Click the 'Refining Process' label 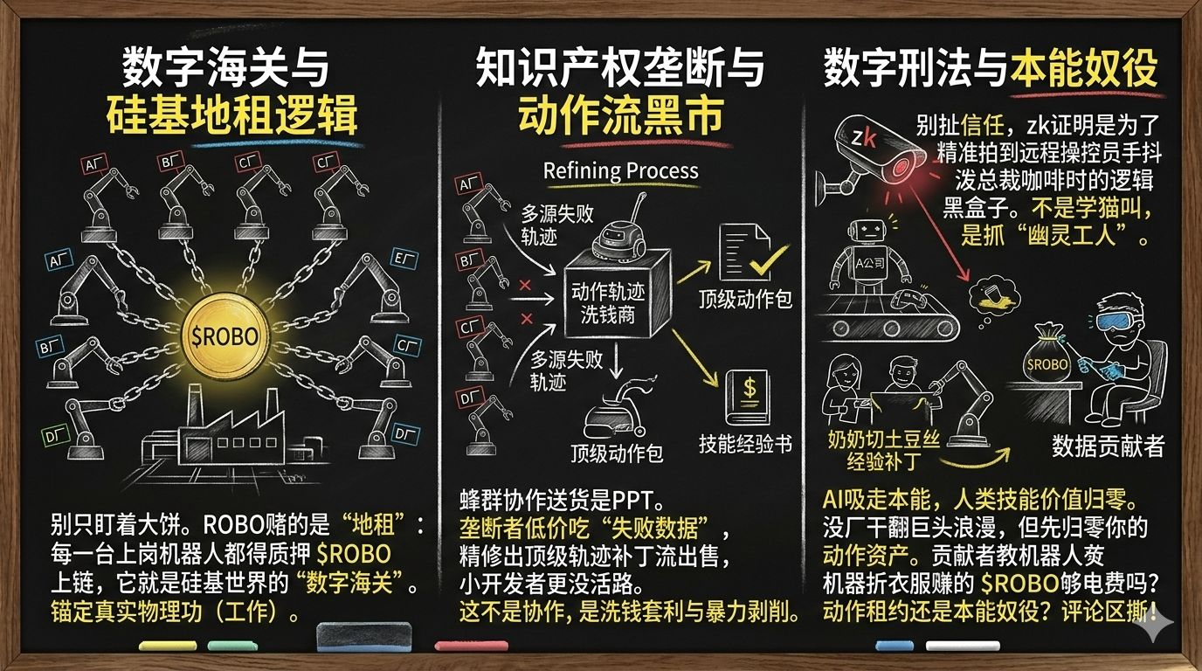click(x=621, y=170)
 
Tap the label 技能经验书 click(x=745, y=444)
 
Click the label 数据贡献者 click(x=1108, y=446)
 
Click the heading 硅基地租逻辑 click(x=231, y=114)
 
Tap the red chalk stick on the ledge click(x=472, y=646)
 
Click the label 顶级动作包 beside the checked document click(x=745, y=300)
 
